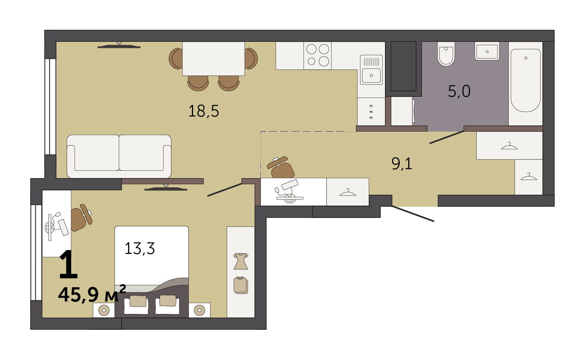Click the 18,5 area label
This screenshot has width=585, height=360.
coord(204,111)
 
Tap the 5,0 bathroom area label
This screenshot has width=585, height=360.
coord(459,91)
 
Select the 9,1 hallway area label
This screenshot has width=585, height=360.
coord(402,164)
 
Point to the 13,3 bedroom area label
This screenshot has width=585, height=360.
coord(140,248)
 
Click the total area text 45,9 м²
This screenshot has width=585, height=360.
coord(92,294)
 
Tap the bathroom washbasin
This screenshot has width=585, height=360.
coord(487,51)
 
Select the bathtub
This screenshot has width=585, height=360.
coord(525,81)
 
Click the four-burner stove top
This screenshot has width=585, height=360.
coord(317,56)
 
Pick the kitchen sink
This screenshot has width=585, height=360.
coord(371,70)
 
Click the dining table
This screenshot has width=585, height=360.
coord(213,58)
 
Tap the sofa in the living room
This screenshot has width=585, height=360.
coord(119,156)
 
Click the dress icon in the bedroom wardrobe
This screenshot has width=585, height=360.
coord(241,261)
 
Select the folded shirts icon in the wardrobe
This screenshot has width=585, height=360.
coord(241,285)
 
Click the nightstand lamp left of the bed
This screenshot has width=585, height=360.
coord(104,310)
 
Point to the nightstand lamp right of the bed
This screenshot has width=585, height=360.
coord(200,310)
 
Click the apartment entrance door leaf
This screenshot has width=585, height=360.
coord(413,214)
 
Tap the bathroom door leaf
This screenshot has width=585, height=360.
coord(447,137)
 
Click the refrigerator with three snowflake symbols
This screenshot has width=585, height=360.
coord(371,111)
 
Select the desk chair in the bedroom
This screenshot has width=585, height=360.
coord(81,218)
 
